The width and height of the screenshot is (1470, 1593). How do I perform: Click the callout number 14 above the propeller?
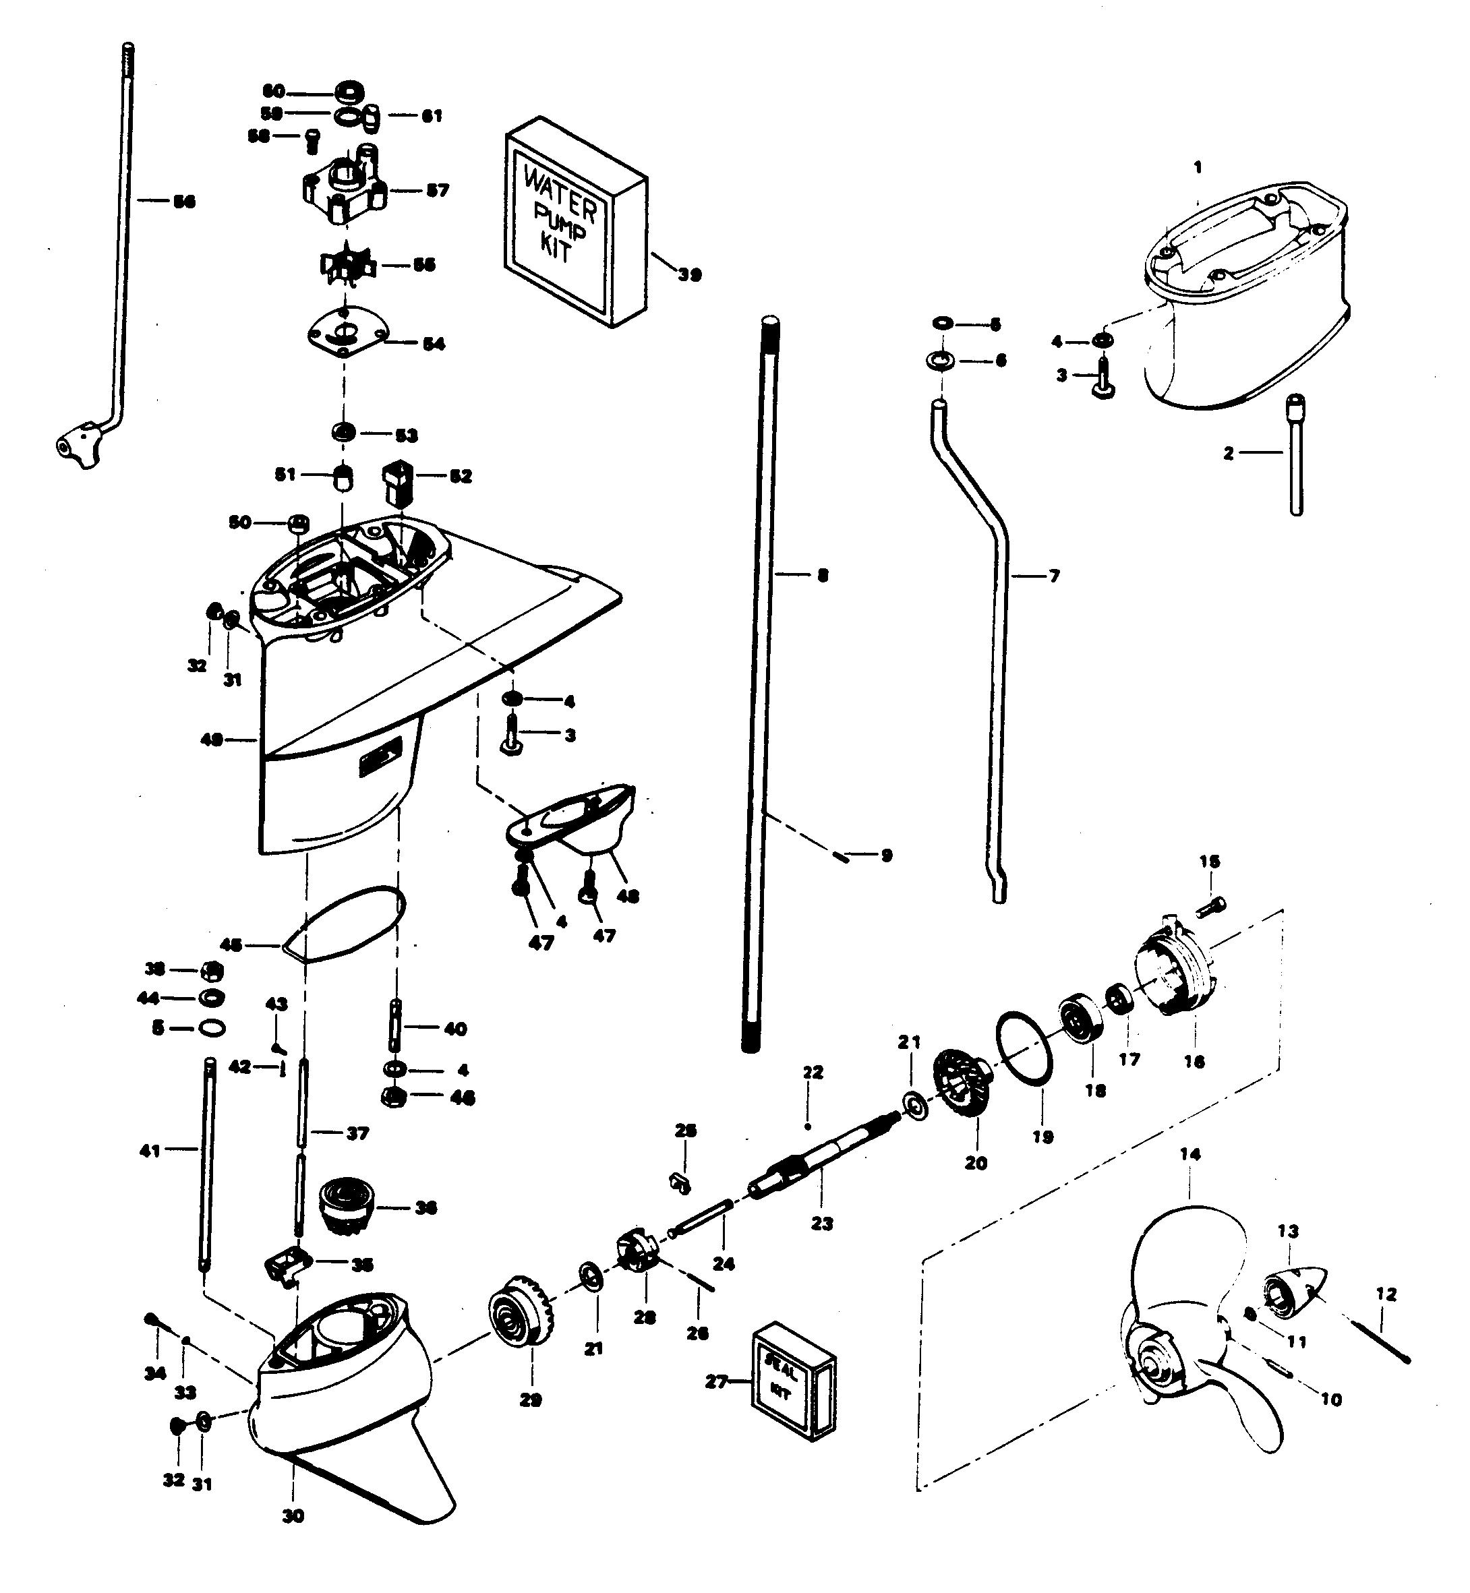click(x=1190, y=1154)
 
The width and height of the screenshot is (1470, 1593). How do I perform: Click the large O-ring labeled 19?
click(x=1024, y=1046)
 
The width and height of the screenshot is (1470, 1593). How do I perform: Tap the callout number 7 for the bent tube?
click(x=1054, y=575)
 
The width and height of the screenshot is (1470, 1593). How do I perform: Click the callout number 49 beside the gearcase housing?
click(x=212, y=740)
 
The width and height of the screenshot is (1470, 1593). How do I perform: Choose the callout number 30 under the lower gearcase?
click(x=293, y=1517)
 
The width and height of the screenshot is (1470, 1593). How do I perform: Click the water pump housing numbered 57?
click(x=343, y=191)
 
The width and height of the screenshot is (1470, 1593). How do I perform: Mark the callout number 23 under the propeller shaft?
click(x=822, y=1223)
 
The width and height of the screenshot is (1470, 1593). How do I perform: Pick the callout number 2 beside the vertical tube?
click(x=1229, y=453)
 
